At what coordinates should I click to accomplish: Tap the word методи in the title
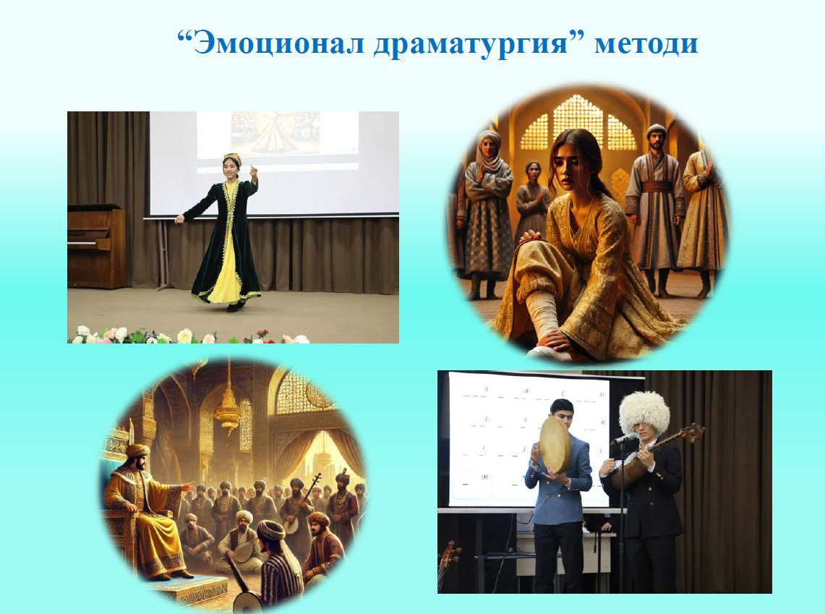coord(646,44)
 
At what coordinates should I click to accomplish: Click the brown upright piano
coord(95,246)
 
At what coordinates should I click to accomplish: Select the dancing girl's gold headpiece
coord(232,158)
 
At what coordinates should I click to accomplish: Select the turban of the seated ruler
coord(137,451)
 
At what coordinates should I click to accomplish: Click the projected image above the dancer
coord(276,135)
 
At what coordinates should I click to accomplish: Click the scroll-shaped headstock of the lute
coord(695,432)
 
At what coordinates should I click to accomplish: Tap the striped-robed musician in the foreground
coord(279,563)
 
